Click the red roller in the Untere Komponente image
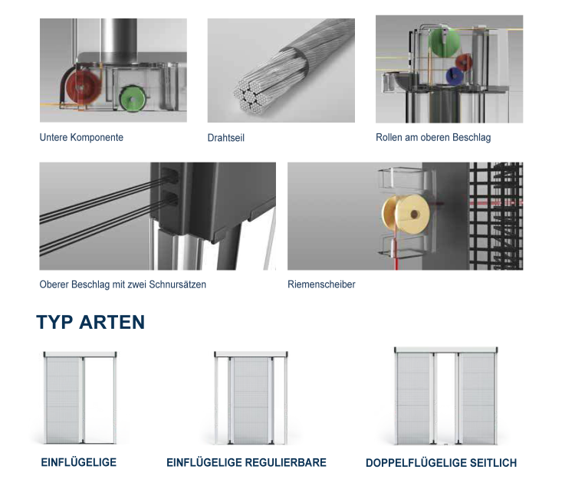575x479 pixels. pyautogui.click(x=84, y=87)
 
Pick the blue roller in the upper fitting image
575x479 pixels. pyautogui.click(x=455, y=76)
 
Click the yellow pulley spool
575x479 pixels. pyautogui.click(x=406, y=215)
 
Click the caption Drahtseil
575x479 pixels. pyautogui.click(x=226, y=138)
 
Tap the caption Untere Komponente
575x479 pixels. pyautogui.click(x=81, y=137)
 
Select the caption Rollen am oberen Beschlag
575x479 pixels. pyautogui.click(x=433, y=137)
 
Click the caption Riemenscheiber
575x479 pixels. pyautogui.click(x=321, y=284)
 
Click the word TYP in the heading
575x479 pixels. pyautogui.click(x=54, y=323)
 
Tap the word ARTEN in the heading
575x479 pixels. pyautogui.click(x=112, y=322)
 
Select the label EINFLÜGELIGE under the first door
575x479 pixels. pyautogui.click(x=78, y=462)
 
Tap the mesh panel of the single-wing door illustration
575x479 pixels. pyautogui.click(x=63, y=401)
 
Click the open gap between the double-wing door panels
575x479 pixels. pyautogui.click(x=445, y=399)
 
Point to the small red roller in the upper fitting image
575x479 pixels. pyautogui.click(x=464, y=62)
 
